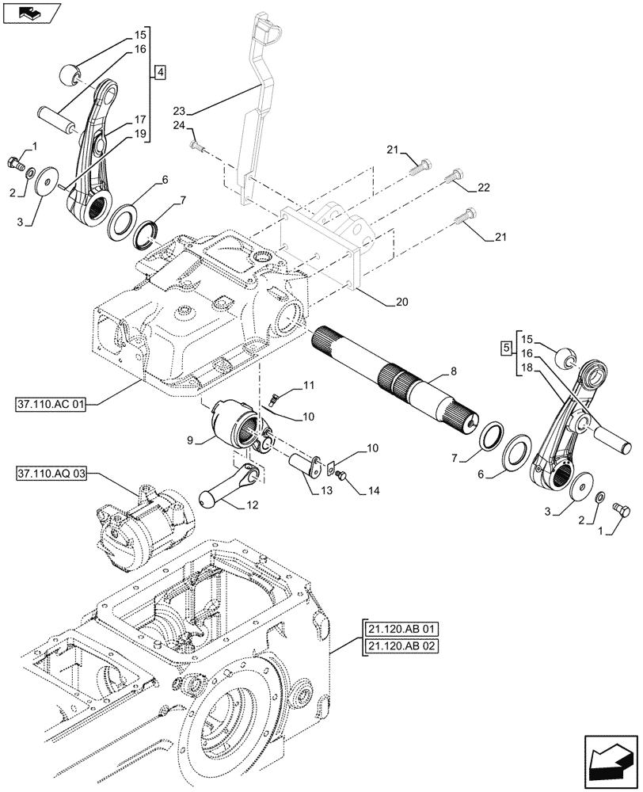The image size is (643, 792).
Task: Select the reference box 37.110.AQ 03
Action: (52, 474)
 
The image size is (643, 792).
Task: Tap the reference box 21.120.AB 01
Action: (402, 630)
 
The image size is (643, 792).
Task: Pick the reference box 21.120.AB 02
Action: (402, 646)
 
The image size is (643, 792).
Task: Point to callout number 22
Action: (484, 188)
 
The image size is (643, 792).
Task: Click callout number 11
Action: (308, 386)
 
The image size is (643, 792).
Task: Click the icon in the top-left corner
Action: (29, 13)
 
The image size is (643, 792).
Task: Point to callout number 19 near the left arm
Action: (140, 134)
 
